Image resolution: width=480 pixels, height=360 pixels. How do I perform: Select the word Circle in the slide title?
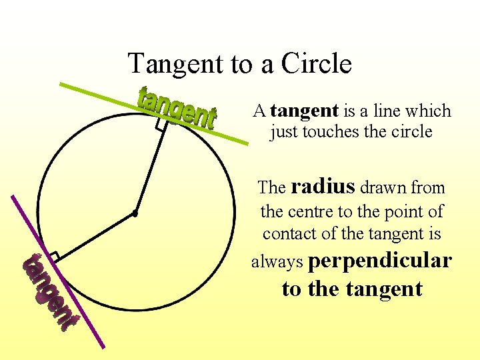[x=317, y=64]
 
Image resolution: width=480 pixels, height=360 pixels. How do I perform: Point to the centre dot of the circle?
[x=135, y=214]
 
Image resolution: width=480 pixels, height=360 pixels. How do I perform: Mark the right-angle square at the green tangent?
[x=161, y=124]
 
